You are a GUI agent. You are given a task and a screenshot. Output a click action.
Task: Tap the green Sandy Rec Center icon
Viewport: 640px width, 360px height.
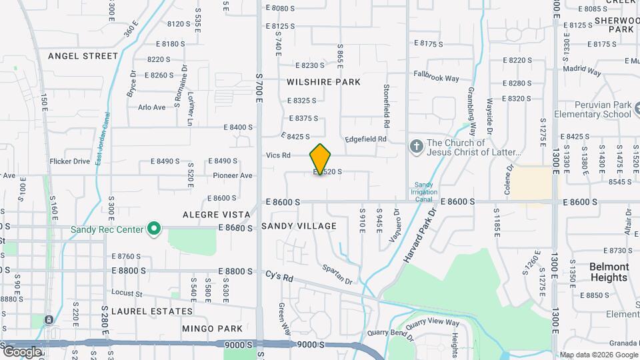(x=155, y=230)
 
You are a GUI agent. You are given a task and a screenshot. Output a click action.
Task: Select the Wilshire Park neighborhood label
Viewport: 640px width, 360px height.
(x=323, y=82)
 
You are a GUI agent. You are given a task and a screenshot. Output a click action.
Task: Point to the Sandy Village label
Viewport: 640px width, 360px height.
(x=299, y=226)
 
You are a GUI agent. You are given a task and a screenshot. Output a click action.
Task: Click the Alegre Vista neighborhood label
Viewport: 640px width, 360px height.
(x=217, y=215)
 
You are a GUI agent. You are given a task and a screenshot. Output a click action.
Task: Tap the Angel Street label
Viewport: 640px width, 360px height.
(x=83, y=56)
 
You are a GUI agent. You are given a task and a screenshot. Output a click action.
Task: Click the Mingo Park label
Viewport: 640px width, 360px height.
(x=212, y=329)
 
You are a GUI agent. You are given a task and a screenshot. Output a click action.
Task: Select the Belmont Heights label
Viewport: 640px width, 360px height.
(x=609, y=272)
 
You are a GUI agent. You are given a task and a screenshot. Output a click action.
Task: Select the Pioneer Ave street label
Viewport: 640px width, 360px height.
(x=233, y=175)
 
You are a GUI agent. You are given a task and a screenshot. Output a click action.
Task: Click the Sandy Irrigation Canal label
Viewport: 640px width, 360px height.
(x=425, y=193)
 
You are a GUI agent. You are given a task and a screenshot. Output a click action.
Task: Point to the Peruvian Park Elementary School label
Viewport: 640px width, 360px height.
(x=602, y=109)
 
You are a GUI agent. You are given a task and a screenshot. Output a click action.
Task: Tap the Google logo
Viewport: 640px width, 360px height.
(x=23, y=351)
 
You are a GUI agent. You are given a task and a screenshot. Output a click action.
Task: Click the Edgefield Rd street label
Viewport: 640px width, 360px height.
(x=365, y=139)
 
